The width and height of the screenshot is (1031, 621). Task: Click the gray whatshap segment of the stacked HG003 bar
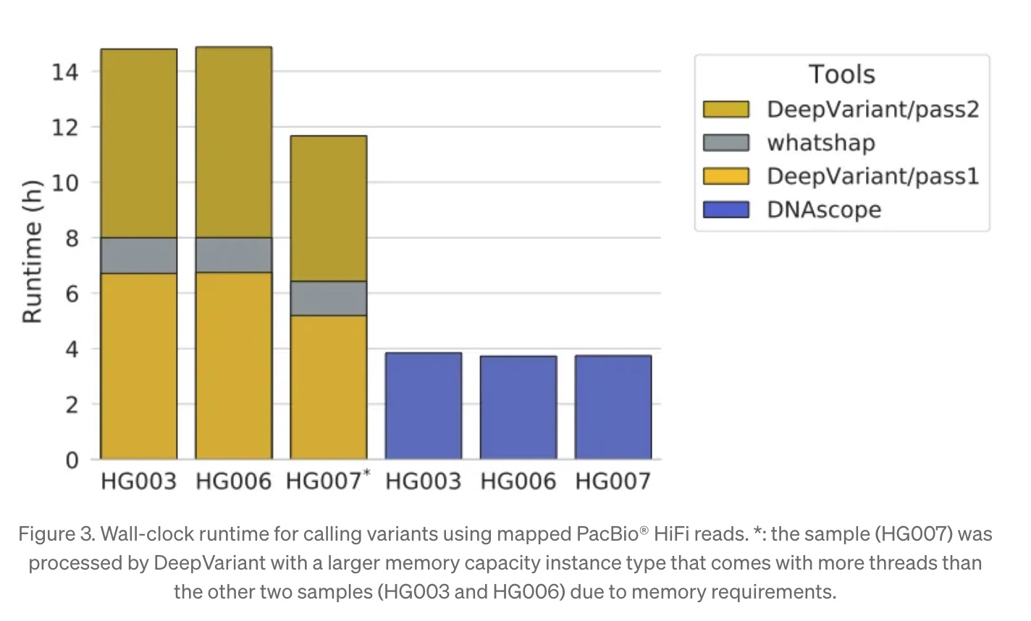click(138, 255)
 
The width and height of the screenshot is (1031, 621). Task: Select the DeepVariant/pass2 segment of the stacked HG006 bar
click(233, 142)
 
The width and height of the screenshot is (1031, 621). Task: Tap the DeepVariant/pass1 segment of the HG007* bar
click(328, 386)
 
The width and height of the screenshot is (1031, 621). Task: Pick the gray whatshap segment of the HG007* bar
click(328, 298)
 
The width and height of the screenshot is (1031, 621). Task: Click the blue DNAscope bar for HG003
click(424, 406)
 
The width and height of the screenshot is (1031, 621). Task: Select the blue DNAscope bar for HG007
click(613, 407)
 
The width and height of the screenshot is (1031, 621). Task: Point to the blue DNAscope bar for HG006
click(518, 407)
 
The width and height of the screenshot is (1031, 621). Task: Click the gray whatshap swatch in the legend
click(725, 143)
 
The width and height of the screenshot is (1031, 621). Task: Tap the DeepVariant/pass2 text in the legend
click(872, 109)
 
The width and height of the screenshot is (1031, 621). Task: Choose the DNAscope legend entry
click(824, 210)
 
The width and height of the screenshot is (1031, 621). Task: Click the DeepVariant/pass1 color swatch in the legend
click(725, 176)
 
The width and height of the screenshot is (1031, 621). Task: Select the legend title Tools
click(841, 74)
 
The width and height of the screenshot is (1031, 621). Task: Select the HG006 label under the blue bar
click(518, 481)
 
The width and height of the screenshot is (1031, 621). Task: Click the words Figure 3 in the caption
click(55, 534)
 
